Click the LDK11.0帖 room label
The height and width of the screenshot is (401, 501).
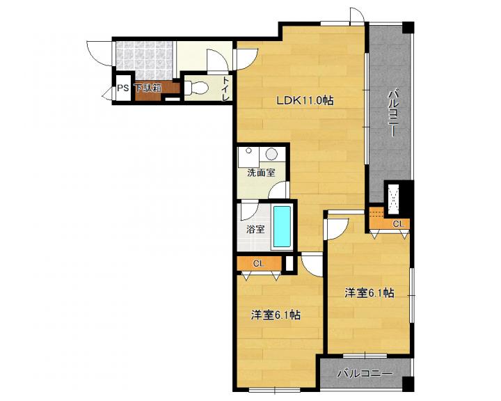[x=305, y=100]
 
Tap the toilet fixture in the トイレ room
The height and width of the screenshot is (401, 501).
[x=196, y=87]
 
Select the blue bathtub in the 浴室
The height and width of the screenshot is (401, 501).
[x=282, y=228]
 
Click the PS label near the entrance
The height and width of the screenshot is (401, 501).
[x=122, y=88]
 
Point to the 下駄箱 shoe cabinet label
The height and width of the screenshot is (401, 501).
[x=148, y=88]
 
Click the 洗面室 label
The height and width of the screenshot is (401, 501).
[x=261, y=173]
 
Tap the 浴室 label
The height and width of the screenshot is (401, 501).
[x=255, y=229]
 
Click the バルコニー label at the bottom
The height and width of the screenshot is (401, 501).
[x=365, y=373]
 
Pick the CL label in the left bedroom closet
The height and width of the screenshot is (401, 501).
[x=258, y=263]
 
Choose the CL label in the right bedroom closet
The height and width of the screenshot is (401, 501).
[x=398, y=224]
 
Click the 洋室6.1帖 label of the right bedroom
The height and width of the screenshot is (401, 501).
[x=369, y=293]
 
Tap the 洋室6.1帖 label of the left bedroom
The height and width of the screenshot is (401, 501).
[x=276, y=315]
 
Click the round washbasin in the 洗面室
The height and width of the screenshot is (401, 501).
[x=271, y=154]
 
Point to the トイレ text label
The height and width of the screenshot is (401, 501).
[x=226, y=89]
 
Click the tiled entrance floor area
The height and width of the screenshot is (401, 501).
[x=144, y=60]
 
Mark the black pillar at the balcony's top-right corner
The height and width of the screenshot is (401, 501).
[x=408, y=28]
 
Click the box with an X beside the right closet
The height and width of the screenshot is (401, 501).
[x=392, y=200]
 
